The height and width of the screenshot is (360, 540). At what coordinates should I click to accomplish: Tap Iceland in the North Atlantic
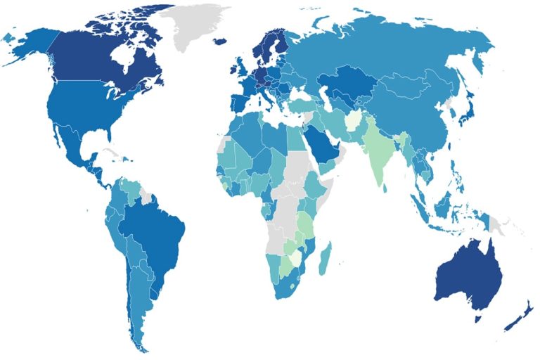point(219,41)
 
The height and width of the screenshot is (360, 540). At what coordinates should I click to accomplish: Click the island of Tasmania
point(479,318)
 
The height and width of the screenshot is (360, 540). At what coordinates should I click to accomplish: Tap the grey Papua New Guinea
point(501,225)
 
